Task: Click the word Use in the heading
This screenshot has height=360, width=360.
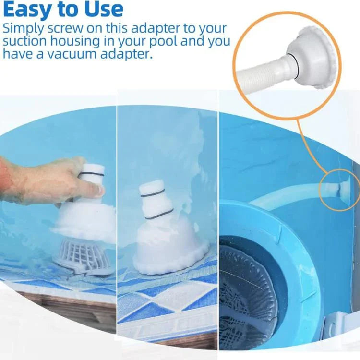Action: [103, 9]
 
